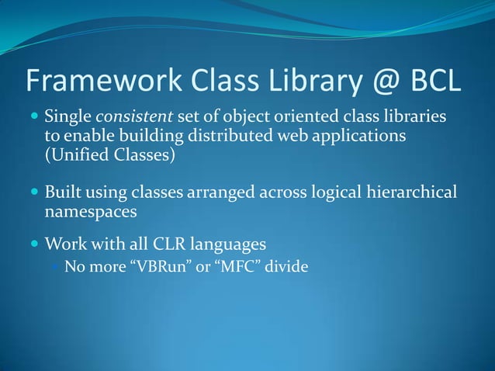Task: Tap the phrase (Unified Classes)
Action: tap(109, 154)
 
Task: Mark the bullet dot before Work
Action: tap(34, 245)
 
